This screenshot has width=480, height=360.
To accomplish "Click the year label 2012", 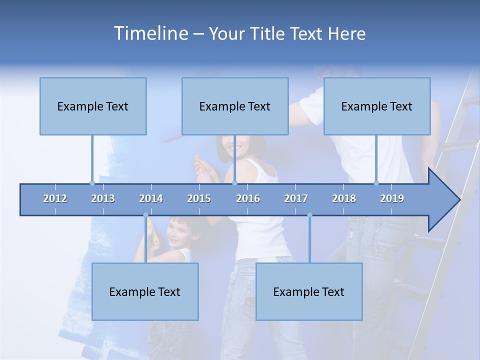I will coord(55,198).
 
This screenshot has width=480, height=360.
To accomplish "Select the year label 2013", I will coord(103,198).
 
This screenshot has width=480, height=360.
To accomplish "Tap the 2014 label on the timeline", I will coord(151,198).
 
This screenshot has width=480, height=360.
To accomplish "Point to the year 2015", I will coord(199,198).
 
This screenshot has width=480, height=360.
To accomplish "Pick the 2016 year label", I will coord(248,198).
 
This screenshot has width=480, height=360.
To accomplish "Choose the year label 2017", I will coord(296,198).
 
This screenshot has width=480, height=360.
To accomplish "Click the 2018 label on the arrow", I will coord(344,198).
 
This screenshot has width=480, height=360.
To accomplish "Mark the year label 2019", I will coord(392,198).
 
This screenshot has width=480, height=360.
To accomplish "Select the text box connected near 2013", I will coord(93,106).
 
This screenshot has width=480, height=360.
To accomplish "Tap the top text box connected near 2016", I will coord(235,106).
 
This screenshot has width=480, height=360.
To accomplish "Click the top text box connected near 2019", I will coord(377,106).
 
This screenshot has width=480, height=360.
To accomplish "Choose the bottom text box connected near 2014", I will coord(145,291).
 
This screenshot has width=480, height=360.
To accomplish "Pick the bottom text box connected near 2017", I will coord(309,291).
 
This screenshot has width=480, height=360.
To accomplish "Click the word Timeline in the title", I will coord(150,33).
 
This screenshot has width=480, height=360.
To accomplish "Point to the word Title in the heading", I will coord(271,34).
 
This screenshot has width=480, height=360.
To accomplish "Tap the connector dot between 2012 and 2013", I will coord(92,183).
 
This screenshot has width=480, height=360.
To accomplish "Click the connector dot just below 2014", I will coord(145,215).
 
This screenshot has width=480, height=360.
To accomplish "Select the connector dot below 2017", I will coord(309,215).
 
